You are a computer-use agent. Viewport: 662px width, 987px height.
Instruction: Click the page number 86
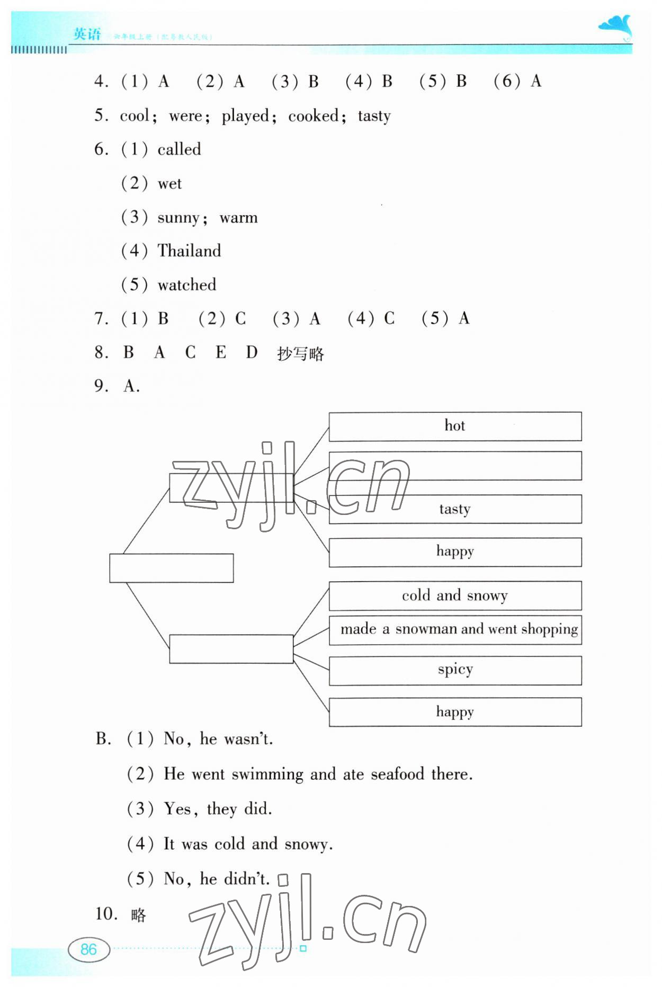click(x=88, y=949)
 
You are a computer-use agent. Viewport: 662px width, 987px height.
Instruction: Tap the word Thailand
click(x=189, y=251)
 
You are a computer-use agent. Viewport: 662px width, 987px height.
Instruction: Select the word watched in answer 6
click(x=187, y=285)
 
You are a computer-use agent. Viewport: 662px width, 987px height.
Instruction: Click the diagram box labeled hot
click(x=455, y=426)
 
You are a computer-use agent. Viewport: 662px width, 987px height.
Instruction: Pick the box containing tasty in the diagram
click(x=455, y=509)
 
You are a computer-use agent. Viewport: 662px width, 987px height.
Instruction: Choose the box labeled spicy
click(x=455, y=670)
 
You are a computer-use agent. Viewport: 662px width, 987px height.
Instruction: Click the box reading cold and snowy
click(x=455, y=596)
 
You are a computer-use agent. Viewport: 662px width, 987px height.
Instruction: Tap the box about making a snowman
click(x=455, y=629)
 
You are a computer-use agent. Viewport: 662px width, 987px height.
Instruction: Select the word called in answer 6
click(x=179, y=149)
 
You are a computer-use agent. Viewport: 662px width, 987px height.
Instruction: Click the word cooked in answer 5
click(x=313, y=115)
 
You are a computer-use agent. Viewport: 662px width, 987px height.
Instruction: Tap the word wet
click(x=169, y=184)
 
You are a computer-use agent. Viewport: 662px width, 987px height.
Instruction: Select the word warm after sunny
click(x=238, y=218)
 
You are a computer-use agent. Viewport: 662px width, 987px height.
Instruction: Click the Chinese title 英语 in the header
click(x=87, y=34)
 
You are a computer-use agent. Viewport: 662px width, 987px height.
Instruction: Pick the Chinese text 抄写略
click(x=300, y=353)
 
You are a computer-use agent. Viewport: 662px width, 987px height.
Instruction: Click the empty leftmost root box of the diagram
click(x=171, y=568)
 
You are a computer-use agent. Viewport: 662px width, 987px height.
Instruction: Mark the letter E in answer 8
click(x=221, y=352)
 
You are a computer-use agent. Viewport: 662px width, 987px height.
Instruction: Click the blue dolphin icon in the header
click(x=616, y=28)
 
